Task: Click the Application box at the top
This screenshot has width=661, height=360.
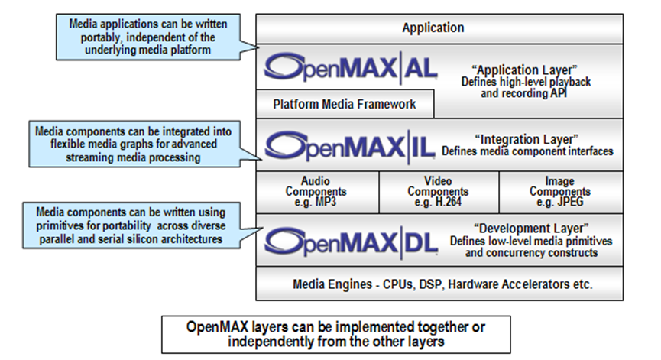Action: [x=433, y=28]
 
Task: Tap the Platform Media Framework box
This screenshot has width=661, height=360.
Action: [x=345, y=104]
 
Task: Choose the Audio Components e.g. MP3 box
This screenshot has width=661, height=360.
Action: [x=316, y=191]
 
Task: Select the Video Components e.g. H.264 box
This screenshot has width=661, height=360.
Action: [x=438, y=191]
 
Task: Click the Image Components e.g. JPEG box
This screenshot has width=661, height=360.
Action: [x=559, y=191]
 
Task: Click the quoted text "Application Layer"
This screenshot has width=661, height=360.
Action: [x=532, y=67]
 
